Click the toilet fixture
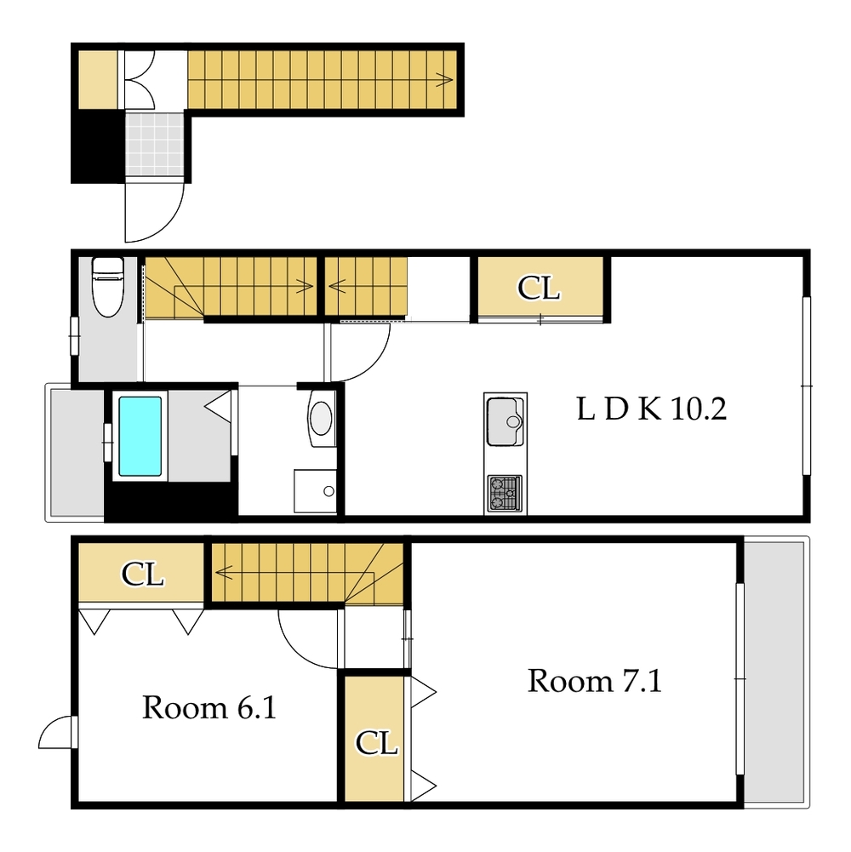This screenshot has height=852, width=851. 107,286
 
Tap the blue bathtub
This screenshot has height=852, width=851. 140,437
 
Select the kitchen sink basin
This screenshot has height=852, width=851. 505,421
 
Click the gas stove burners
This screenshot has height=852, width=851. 505,494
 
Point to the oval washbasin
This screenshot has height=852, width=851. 321,418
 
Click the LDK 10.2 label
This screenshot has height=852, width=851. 651,409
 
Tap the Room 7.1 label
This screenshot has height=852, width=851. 595,681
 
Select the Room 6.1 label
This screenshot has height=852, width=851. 209,707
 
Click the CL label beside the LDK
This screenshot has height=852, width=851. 538,288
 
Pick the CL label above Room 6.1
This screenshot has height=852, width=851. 142,574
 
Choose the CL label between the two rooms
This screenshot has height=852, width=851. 377,742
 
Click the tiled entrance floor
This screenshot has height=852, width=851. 156,144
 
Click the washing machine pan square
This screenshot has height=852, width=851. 315,491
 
